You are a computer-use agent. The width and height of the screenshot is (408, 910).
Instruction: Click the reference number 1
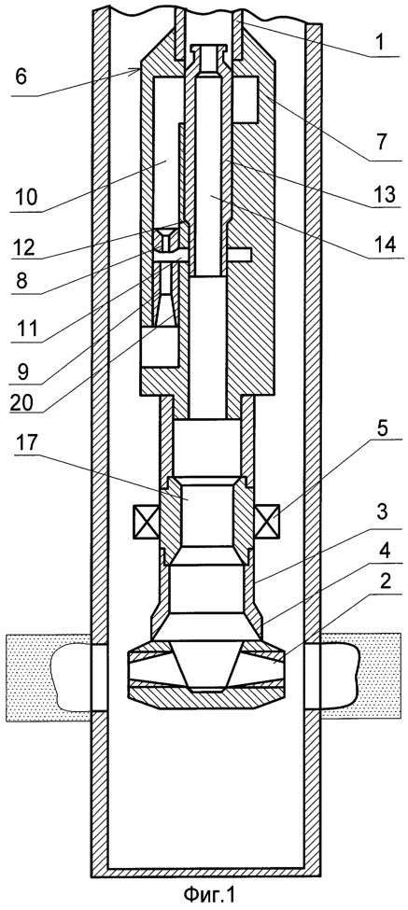[x=381, y=44]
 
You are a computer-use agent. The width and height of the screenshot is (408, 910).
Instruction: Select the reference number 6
[x=22, y=77]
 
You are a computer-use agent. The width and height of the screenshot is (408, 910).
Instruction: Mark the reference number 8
[x=22, y=283]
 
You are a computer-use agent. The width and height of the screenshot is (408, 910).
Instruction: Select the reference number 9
[x=22, y=371]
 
